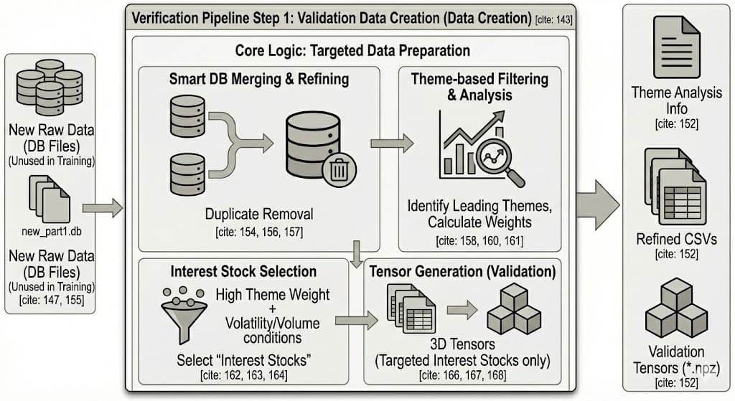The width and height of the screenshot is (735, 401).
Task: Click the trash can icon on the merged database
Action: coord(338,169)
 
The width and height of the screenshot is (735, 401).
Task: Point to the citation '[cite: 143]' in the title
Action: coord(554,19)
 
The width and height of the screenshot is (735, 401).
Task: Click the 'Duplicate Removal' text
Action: coord(259,213)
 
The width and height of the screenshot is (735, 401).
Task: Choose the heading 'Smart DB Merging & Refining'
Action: coord(259,79)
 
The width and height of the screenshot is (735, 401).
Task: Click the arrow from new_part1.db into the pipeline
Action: coord(103,209)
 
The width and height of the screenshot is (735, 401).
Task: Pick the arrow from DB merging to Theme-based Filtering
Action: coord(391,143)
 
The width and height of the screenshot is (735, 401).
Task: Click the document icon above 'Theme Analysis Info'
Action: coord(675,47)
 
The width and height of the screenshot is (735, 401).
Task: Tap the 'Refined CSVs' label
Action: coord(675,239)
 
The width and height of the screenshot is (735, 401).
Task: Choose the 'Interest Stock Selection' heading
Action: coord(243,271)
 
